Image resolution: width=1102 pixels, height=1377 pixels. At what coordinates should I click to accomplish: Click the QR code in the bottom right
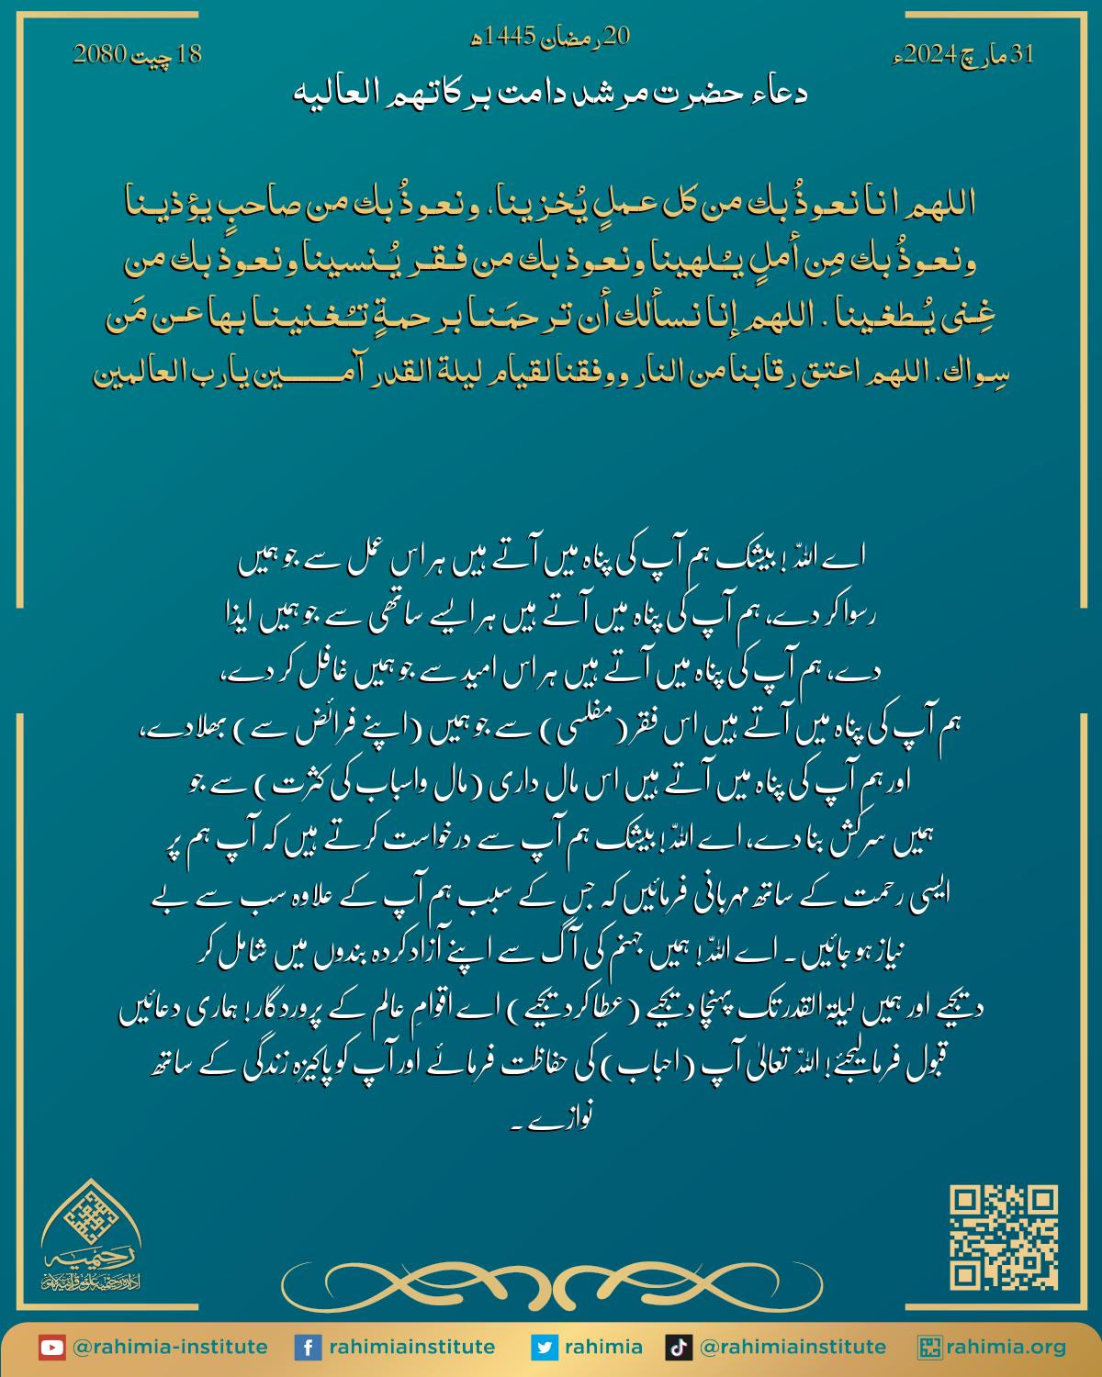1004,1237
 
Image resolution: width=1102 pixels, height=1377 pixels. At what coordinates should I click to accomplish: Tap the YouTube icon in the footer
51,1348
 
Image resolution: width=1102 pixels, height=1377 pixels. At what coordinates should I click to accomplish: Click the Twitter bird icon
545,1348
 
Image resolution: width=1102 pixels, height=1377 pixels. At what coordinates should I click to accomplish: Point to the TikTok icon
679,1348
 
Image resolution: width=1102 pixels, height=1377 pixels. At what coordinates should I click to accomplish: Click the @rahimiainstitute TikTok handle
793,1348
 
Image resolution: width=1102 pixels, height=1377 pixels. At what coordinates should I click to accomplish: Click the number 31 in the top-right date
1021,56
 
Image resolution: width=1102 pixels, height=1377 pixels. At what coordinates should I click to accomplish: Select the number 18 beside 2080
188,56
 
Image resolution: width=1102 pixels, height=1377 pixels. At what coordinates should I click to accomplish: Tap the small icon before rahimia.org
931,1348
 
